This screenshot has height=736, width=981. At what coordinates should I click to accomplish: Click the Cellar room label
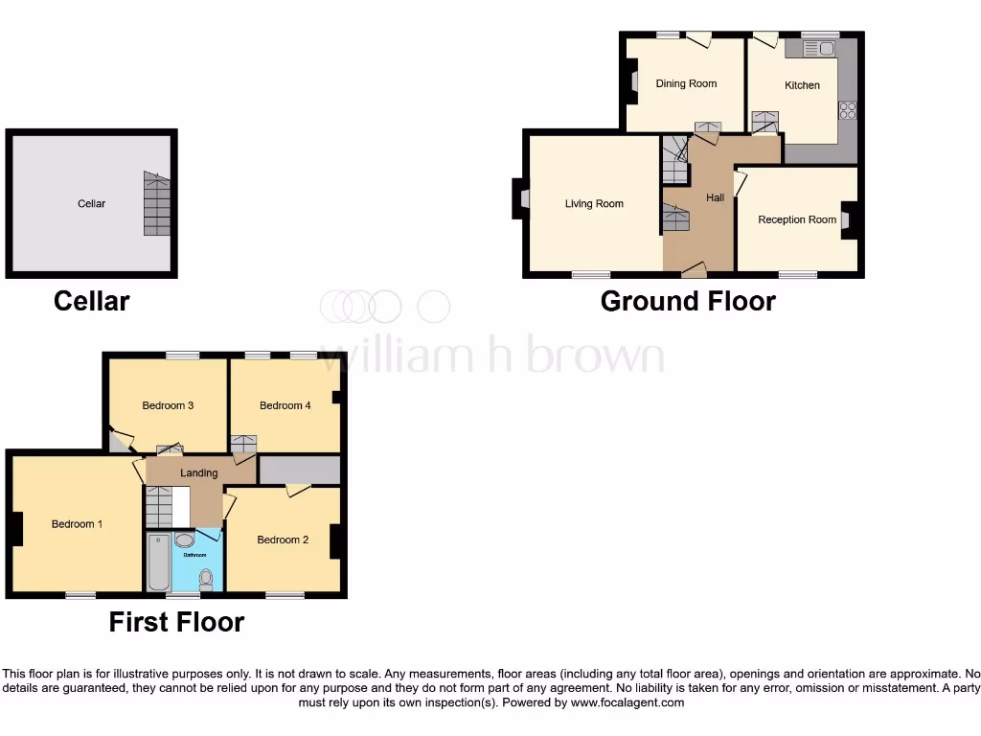pyautogui.click(x=92, y=204)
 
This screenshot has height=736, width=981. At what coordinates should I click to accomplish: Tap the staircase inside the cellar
pyautogui.click(x=156, y=204)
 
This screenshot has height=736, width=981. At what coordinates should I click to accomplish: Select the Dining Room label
pyautogui.click(x=686, y=84)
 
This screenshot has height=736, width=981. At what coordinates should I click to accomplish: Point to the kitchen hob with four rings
pyautogui.click(x=847, y=110)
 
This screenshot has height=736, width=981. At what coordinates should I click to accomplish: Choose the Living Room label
pyautogui.click(x=594, y=204)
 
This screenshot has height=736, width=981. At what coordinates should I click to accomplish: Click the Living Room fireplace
pyautogui.click(x=521, y=198)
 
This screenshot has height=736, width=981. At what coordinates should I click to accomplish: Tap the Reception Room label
pyautogui.click(x=797, y=220)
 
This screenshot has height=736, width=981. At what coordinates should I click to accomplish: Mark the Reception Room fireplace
pyautogui.click(x=849, y=219)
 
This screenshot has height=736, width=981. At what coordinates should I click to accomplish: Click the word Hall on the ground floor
pyautogui.click(x=716, y=198)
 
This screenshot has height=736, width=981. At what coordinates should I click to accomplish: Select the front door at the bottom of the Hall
pyautogui.click(x=695, y=270)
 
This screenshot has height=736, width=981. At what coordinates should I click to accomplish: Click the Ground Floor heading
pyautogui.click(x=688, y=302)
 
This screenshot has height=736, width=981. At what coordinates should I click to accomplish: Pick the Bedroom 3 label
pyautogui.click(x=168, y=406)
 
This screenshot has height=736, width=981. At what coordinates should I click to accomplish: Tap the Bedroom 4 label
pyautogui.click(x=285, y=406)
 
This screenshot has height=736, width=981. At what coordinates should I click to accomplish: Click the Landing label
pyautogui.click(x=199, y=473)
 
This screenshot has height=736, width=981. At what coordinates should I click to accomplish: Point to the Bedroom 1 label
pyautogui.click(x=77, y=525)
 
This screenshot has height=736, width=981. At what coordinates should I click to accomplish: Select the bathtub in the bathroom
pyautogui.click(x=158, y=562)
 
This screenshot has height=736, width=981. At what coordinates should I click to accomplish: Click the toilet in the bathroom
pyautogui.click(x=206, y=578)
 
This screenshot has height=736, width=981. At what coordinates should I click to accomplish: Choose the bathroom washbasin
pyautogui.click(x=185, y=540)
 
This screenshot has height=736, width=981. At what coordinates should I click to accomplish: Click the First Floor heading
pyautogui.click(x=176, y=623)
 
